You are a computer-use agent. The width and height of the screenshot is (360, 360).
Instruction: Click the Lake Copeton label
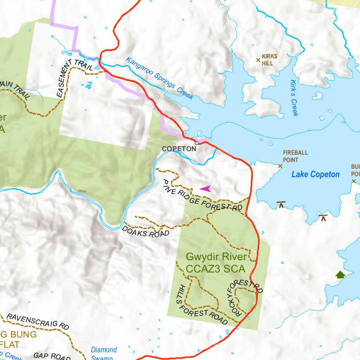coord(315,174)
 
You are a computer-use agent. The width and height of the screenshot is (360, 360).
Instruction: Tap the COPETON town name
coord(179,149)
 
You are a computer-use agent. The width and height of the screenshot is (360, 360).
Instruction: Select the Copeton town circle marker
coord(197,143)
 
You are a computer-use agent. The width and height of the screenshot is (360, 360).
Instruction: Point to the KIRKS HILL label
coord(270,60)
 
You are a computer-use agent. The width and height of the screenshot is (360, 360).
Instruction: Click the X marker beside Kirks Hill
coord(258,60)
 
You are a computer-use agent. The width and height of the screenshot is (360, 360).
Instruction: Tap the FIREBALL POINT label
coord(295,156)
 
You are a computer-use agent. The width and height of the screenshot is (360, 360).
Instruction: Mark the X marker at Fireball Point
coord(280,166)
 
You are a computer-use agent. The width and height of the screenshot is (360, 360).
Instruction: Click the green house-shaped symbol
coord(340,275)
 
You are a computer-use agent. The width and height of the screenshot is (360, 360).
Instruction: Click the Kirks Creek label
coord(294,98)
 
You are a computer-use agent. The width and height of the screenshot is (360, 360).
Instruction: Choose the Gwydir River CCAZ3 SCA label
coord(216,263)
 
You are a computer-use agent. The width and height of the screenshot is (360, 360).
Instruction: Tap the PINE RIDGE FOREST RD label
coord(202,196)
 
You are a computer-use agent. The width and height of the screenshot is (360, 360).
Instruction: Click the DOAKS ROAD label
coord(146,231)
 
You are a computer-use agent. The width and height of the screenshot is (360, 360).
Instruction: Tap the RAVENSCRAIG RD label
coord(38,321)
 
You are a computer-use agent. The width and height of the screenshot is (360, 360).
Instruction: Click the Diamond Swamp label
coord(104,353)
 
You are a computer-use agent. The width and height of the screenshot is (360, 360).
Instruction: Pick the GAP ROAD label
coord(52,356)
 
